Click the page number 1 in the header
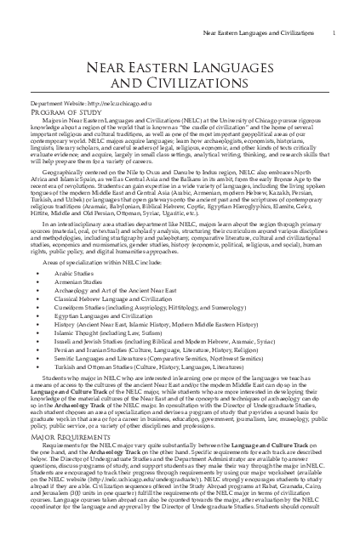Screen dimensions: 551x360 338,9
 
